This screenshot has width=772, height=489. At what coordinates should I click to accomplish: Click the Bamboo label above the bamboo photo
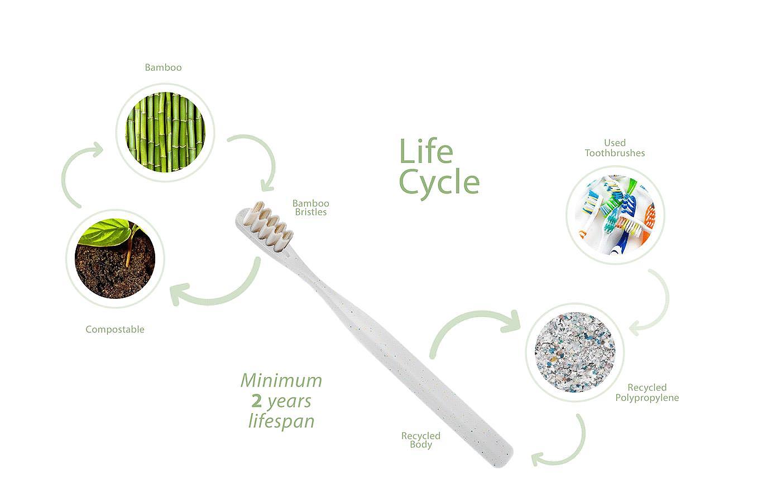(163, 67)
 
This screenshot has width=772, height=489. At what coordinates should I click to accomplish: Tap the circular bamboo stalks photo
(165, 132)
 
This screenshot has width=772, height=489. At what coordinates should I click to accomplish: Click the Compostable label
(115, 330)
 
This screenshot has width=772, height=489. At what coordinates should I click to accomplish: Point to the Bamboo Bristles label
(311, 207)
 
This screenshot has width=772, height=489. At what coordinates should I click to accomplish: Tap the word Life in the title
(426, 152)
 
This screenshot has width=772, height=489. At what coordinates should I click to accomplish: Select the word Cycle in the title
(439, 182)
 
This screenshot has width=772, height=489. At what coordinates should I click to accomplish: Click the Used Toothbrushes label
(615, 148)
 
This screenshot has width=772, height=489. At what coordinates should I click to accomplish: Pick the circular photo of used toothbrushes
(615, 215)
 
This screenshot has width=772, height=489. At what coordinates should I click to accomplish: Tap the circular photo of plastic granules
(574, 352)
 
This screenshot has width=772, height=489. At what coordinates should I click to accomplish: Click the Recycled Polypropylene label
(647, 393)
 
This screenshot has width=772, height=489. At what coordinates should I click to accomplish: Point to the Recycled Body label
(421, 440)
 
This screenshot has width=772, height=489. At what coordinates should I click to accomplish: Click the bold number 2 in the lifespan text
(257, 401)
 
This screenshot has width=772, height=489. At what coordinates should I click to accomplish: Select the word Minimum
(281, 381)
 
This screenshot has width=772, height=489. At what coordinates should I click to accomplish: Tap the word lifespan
(281, 421)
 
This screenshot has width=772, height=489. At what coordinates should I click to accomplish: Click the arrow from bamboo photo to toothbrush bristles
(260, 159)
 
